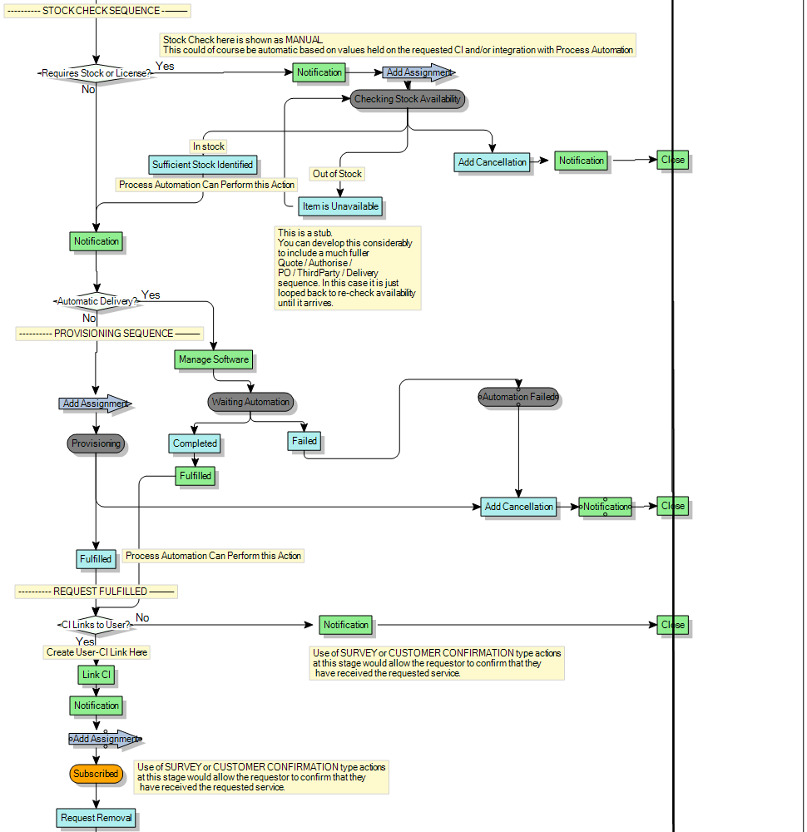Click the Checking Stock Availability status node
point(407,99)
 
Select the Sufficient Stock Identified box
point(202,165)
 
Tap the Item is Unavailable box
point(340,206)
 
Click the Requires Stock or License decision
point(96,73)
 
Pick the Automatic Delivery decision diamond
point(97,301)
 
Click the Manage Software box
point(213,359)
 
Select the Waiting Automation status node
point(250,402)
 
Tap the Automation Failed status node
point(517,397)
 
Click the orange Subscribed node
point(96,774)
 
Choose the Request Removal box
point(96,818)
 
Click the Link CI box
point(97,674)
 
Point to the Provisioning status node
point(96,443)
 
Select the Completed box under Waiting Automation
point(195,443)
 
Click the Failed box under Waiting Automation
point(304,441)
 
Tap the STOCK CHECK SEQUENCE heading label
point(97,11)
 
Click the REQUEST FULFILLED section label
point(96,592)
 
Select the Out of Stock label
point(337,174)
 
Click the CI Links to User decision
point(96,625)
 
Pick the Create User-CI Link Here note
point(97,652)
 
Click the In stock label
point(209,146)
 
